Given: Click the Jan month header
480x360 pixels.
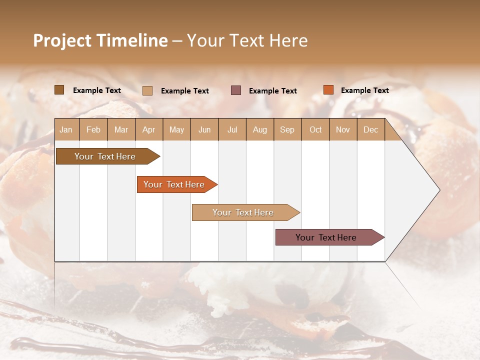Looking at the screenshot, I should coord(66,130).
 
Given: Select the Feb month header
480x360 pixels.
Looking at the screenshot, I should coord(93,130).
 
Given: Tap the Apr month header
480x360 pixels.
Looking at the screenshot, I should coord(148,130).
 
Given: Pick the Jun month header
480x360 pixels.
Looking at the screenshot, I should coord(204,130).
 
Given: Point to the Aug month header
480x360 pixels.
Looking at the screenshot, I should coord(259,130).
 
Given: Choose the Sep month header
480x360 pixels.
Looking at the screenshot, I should coord(287,130).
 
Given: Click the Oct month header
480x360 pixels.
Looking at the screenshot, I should coord(315,130).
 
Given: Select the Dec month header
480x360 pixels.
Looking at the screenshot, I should coord(370,130).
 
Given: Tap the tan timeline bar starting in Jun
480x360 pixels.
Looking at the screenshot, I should coord(243,212).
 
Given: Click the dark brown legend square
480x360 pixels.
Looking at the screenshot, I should coord(59,90).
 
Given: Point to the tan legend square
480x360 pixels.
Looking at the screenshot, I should coord(147,90).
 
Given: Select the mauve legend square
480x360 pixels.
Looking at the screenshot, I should coord(236,90).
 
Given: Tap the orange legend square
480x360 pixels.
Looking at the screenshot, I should coord(328,90).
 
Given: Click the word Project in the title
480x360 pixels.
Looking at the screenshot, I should coord(62,40).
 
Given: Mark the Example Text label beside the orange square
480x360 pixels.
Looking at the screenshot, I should coord(364,90).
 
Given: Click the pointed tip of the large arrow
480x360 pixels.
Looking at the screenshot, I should coord(438,190).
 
